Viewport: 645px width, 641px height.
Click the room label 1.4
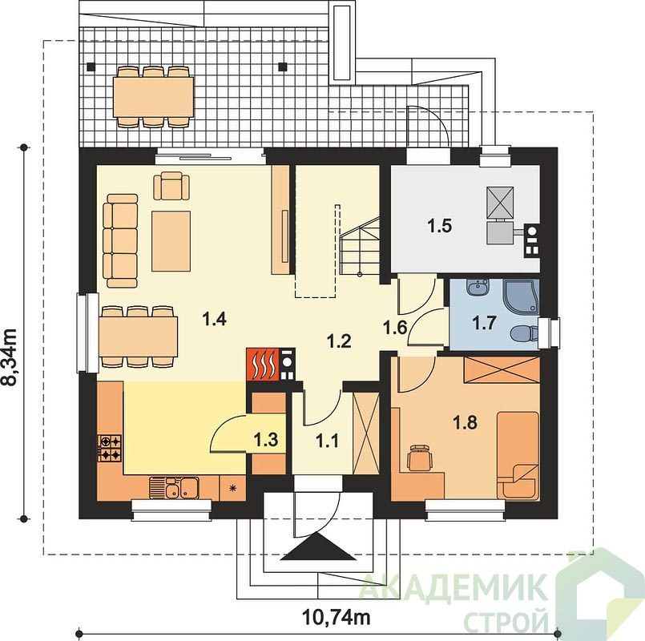[215, 319]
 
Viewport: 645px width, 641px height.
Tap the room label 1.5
[440, 226]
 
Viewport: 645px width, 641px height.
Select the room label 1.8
[465, 422]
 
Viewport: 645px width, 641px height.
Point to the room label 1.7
[484, 324]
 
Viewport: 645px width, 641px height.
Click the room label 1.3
[266, 440]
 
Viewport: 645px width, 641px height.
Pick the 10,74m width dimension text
[336, 617]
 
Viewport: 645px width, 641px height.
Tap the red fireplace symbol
[263, 364]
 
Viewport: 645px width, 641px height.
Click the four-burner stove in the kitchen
[110, 448]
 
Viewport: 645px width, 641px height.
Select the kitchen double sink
[175, 488]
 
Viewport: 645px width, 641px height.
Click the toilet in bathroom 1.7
[525, 333]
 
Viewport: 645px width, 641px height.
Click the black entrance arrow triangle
[319, 546]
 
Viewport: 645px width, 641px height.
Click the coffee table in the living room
[171, 241]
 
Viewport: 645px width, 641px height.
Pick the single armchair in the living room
[171, 186]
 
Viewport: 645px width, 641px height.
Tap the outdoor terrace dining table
[154, 97]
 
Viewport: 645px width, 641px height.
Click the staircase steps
[360, 247]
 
